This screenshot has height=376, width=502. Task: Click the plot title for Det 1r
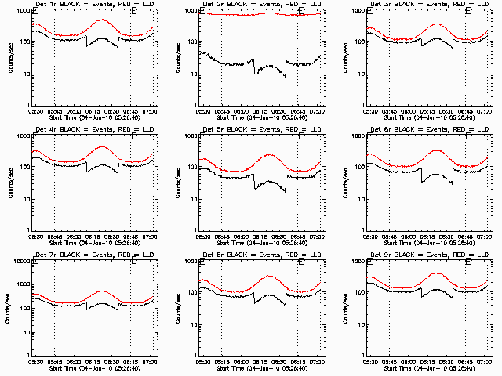[93, 5]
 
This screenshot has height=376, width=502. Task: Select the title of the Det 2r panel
[260, 5]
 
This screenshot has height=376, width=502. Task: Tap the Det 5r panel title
[260, 131]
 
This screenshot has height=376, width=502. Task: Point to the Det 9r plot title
[427, 256]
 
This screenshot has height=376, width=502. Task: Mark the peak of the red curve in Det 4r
[103, 146]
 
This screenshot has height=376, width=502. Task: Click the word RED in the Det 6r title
[456, 131]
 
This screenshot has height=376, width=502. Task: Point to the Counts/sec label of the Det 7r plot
[9, 309]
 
